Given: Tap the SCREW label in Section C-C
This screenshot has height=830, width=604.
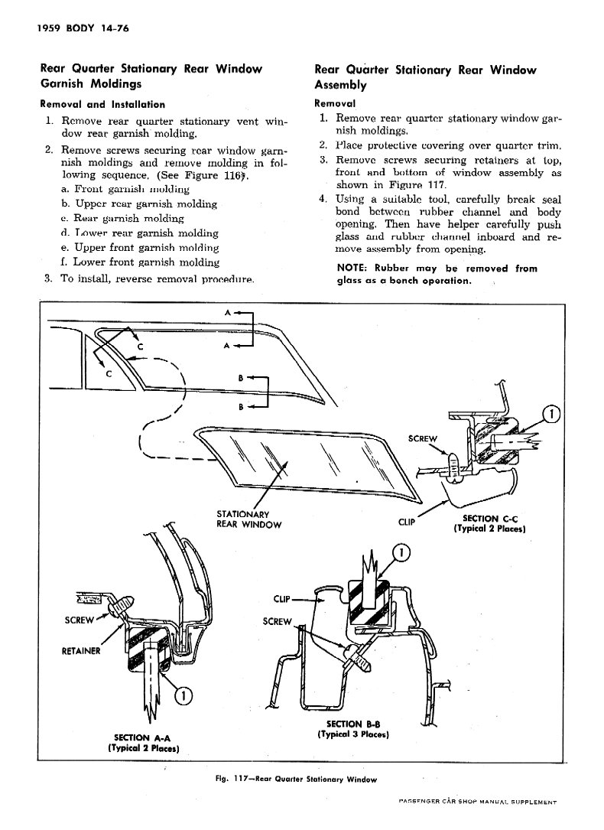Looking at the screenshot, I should (x=423, y=439).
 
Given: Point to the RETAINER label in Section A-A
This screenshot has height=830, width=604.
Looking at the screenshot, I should (x=80, y=652).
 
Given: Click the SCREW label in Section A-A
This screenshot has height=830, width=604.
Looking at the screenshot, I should (x=79, y=620).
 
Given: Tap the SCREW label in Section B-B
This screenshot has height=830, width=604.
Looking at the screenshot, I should (x=277, y=621).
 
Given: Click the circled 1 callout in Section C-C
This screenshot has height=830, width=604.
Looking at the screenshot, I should (x=550, y=416).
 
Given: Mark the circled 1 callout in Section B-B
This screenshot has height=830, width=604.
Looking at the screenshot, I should (x=401, y=553).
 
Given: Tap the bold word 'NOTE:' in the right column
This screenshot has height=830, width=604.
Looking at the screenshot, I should (x=355, y=269).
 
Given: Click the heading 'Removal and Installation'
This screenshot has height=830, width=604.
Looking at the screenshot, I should (x=102, y=104).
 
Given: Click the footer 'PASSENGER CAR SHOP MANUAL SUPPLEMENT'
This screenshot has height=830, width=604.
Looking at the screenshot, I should (x=475, y=801).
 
